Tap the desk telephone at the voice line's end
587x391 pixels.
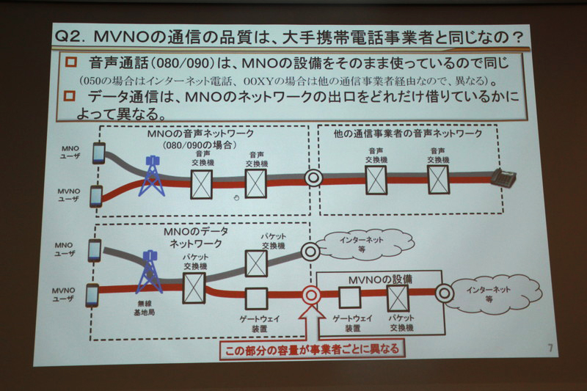pos(505,177)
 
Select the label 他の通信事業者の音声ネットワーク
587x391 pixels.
pos(407,134)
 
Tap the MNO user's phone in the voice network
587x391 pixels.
pos(98,153)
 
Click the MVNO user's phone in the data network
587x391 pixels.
pos(92,294)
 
